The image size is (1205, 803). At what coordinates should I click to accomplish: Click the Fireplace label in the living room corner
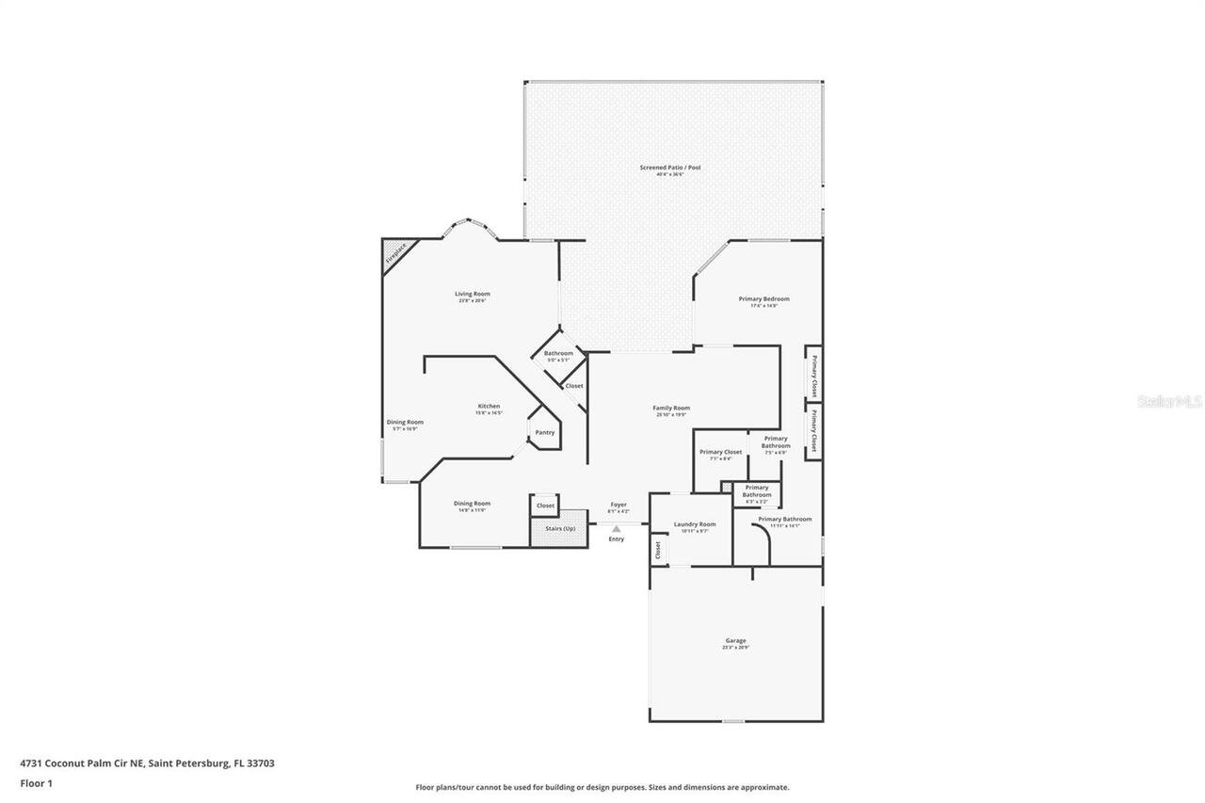click(395, 253)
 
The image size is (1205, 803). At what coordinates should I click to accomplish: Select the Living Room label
click(473, 294)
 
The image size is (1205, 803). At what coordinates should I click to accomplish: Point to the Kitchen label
click(488, 407)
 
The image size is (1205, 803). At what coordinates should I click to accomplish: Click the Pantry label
click(545, 433)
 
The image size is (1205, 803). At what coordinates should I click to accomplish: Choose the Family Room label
click(671, 408)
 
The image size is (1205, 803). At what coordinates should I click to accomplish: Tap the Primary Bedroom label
click(763, 298)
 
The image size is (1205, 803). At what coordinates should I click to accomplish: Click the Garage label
click(735, 641)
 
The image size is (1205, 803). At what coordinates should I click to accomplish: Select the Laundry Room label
click(695, 524)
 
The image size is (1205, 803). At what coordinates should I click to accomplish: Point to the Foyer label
click(619, 505)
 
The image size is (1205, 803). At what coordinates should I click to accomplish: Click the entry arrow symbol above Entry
click(616, 529)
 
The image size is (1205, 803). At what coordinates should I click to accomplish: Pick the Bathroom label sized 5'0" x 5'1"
click(558, 353)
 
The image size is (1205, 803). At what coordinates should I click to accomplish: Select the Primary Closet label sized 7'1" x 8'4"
click(720, 452)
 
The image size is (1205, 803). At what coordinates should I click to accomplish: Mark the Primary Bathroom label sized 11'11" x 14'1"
click(784, 519)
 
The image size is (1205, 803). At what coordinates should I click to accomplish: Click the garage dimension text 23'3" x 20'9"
click(735, 648)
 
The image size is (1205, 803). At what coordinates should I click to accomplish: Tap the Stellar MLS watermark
click(1169, 401)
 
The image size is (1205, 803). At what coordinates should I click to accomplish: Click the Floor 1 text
click(37, 782)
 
